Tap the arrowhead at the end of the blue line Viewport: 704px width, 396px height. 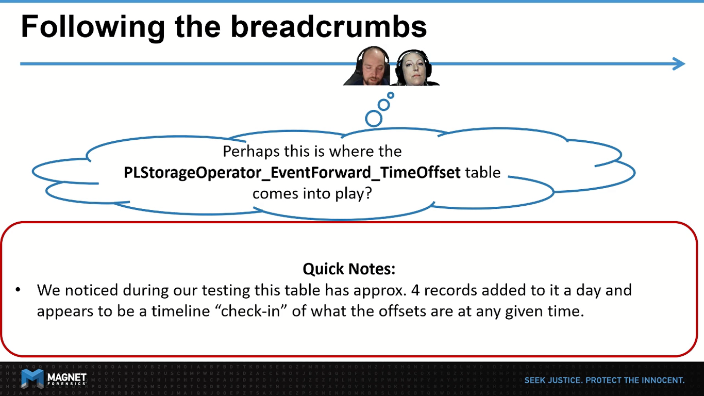[x=679, y=64]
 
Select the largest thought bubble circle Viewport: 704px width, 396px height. [x=374, y=118]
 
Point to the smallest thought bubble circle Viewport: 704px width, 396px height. [x=391, y=95]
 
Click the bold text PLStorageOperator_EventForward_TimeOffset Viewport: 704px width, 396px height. [x=292, y=172]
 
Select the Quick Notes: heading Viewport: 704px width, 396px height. [x=349, y=269]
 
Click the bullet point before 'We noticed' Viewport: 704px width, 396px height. [x=18, y=290]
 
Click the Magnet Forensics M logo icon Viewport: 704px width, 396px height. [x=32, y=379]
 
